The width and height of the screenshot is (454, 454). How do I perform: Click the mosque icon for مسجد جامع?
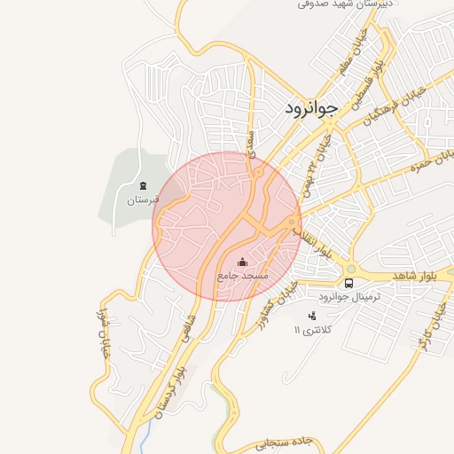[243, 262]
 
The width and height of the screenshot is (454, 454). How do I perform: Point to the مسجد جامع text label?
[243, 277]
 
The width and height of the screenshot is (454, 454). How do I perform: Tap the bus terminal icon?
[348, 284]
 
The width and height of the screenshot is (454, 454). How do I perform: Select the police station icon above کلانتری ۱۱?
[311, 316]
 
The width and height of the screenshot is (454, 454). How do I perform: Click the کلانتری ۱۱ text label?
[311, 330]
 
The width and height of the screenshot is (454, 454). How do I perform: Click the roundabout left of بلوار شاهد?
[351, 268]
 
